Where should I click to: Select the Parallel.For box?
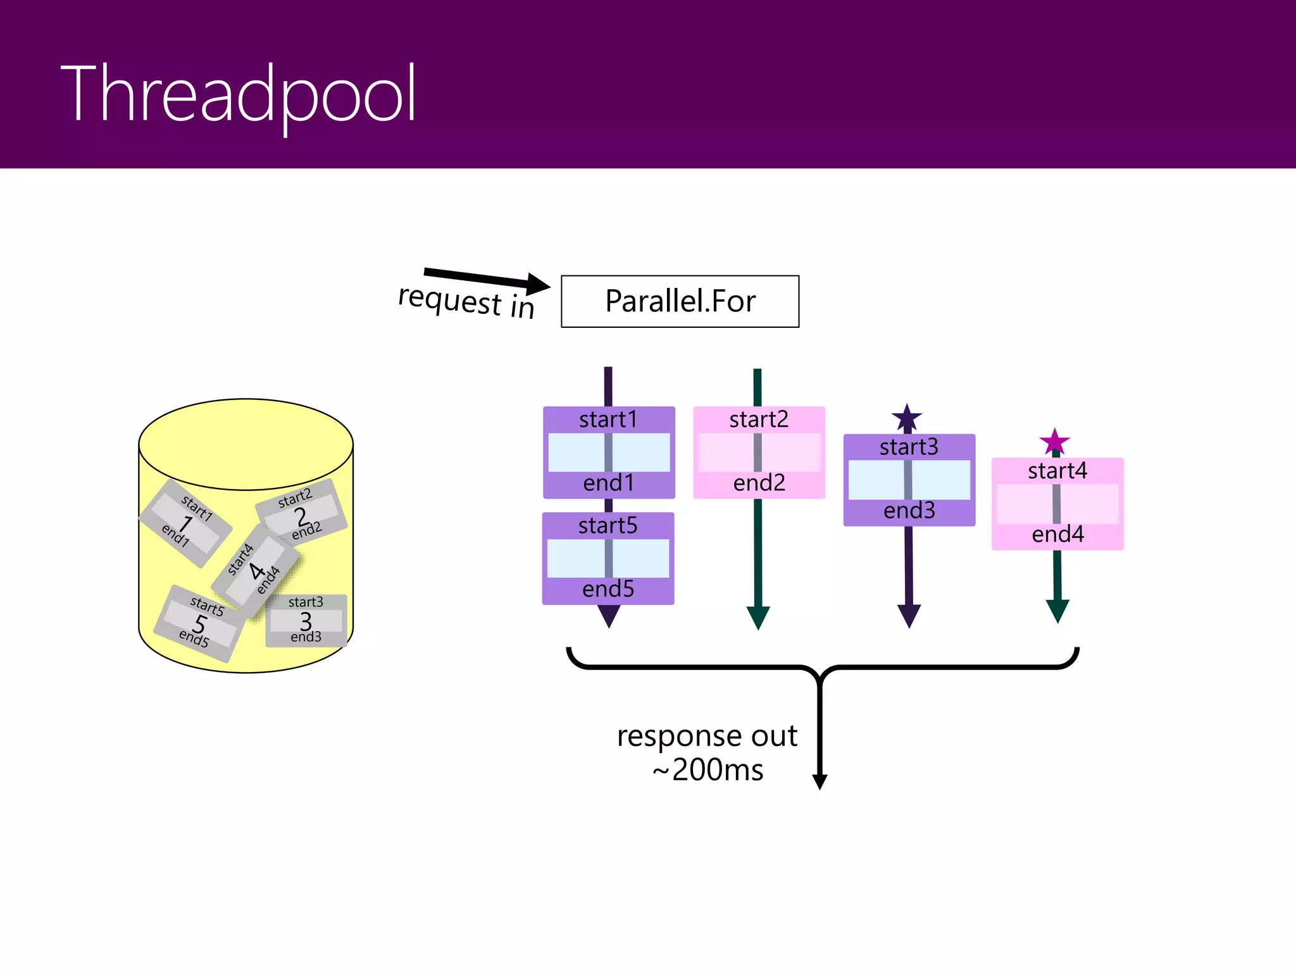(x=680, y=301)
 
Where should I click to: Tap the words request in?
(x=466, y=302)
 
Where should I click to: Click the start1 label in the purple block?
(x=608, y=420)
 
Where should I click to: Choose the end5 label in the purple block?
(x=608, y=589)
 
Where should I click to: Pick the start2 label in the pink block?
(x=759, y=420)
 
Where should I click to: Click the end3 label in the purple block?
(x=909, y=511)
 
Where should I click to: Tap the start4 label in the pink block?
(x=1057, y=471)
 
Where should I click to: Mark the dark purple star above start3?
(x=907, y=418)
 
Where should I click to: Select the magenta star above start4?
(x=1054, y=442)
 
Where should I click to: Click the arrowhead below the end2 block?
(x=758, y=617)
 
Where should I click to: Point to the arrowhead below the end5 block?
(x=609, y=616)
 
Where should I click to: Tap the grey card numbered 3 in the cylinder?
(x=306, y=621)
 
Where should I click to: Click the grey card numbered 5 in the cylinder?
(x=199, y=624)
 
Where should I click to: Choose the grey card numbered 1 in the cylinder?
(x=185, y=523)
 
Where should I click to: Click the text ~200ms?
(x=708, y=770)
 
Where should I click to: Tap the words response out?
(x=707, y=736)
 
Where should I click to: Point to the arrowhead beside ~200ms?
(x=819, y=782)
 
